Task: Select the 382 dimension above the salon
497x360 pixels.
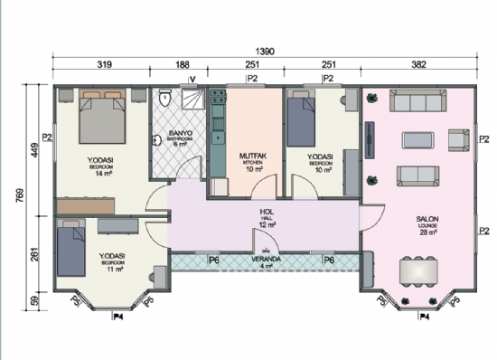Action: (418, 65)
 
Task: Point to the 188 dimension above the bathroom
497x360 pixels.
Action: (183, 65)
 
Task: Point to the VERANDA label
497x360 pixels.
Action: (265, 261)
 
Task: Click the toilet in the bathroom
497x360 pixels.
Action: (164, 101)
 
